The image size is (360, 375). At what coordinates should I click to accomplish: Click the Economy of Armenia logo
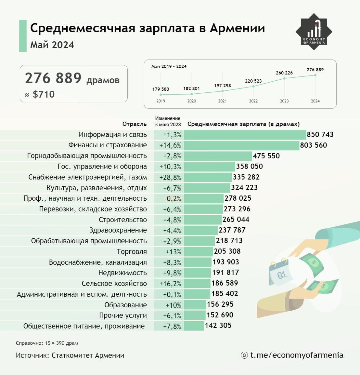[x=314, y=32]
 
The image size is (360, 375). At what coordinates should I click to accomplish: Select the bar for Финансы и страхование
[x=241, y=145]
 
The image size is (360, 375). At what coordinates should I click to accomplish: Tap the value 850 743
[x=320, y=135]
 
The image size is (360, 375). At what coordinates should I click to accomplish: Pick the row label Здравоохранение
[x=118, y=230]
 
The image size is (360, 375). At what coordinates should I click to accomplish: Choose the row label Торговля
[x=132, y=252]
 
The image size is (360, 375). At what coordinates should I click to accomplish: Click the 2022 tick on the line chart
[x=253, y=101]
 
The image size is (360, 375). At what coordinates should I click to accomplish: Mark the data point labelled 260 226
[x=285, y=78]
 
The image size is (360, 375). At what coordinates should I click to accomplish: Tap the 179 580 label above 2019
[x=161, y=89]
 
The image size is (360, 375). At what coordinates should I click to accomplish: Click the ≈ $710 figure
[x=40, y=94]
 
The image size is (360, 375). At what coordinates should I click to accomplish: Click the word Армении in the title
[x=237, y=28]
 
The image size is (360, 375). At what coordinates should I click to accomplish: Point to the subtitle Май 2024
[x=52, y=45]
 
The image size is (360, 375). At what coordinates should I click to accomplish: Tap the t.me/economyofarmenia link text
[x=296, y=355]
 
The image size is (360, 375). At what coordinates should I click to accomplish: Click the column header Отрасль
[x=135, y=124]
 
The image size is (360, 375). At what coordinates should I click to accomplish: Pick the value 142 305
[x=218, y=326]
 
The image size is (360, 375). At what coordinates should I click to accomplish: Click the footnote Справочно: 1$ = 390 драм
[x=47, y=343]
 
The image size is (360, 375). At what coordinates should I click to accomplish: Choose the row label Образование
[x=125, y=305]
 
